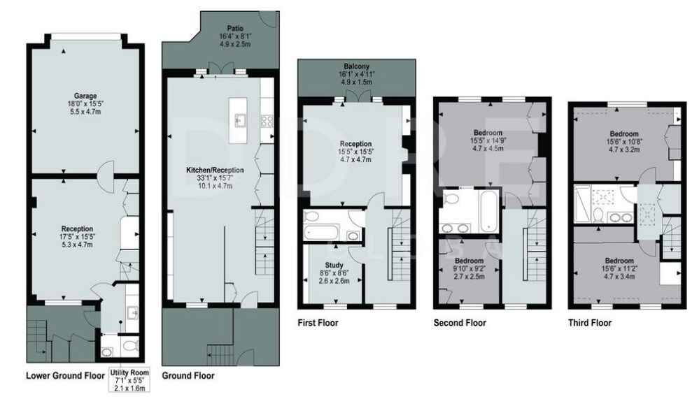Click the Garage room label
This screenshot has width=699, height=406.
(x=85, y=96)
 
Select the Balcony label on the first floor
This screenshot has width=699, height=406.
(x=356, y=66)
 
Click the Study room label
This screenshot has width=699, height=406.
(x=334, y=266)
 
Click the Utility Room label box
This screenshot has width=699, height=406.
(x=129, y=379)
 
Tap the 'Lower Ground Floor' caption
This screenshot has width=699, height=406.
(x=65, y=375)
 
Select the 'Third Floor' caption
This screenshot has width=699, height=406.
(x=590, y=323)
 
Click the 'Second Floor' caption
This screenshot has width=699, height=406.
(x=460, y=323)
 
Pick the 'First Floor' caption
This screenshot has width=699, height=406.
(x=318, y=323)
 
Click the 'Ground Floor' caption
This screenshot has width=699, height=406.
(x=188, y=376)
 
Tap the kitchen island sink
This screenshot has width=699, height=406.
(x=240, y=119)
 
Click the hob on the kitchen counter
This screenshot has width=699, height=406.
(x=267, y=122)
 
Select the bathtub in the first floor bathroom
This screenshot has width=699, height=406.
(x=321, y=233)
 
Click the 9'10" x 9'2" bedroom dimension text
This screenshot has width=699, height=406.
(x=469, y=268)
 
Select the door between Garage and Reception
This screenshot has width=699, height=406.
(x=106, y=170)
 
